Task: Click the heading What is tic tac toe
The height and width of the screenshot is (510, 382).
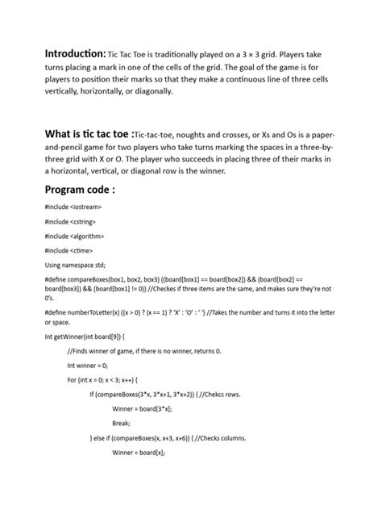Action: point(89,133)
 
